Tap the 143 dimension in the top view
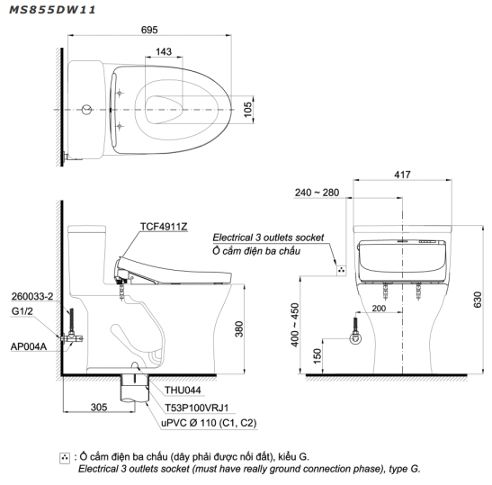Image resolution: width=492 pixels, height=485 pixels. pyautogui.click(x=164, y=52)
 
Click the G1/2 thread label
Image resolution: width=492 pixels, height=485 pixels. pyautogui.click(x=24, y=311)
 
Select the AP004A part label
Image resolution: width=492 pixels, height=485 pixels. pyautogui.click(x=28, y=345)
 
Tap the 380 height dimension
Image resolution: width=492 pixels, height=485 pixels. pyautogui.click(x=239, y=330)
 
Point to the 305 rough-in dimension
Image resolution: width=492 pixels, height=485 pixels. pyautogui.click(x=97, y=407)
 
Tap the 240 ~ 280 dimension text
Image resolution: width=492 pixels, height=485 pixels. pyautogui.click(x=316, y=193)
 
